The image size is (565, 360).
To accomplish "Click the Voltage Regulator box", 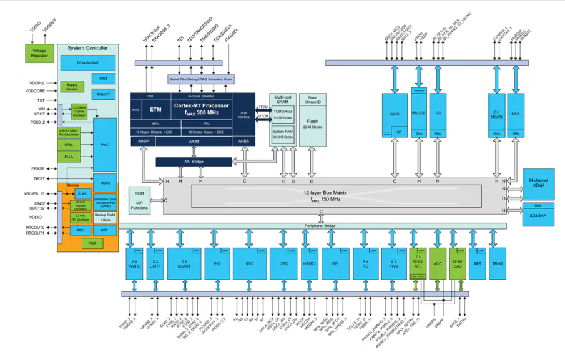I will [39, 52].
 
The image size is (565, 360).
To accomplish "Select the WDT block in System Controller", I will [103, 79].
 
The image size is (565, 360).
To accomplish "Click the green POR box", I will [92, 243].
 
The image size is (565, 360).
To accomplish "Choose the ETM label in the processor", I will [155, 109].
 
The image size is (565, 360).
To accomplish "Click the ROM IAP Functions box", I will [140, 199].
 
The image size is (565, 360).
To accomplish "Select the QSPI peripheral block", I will [394, 114].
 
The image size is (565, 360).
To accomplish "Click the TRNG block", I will [498, 263].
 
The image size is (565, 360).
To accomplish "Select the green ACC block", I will [437, 264].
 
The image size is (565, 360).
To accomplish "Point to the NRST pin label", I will [39, 179].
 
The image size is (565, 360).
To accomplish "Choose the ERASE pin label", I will [37, 169].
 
